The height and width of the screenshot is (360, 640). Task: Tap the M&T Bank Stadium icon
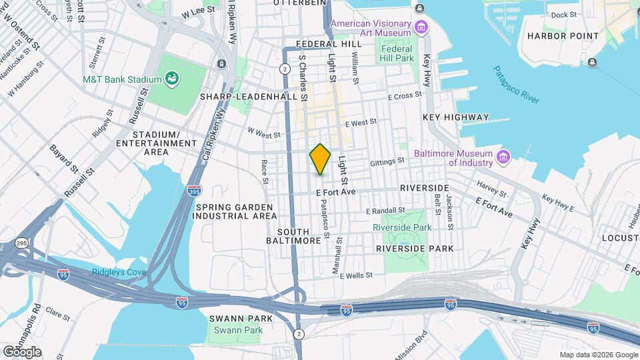pyautogui.click(x=173, y=79)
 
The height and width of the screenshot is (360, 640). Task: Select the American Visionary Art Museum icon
pyautogui.click(x=421, y=27)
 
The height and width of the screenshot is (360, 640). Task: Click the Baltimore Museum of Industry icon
pyautogui.click(x=503, y=157)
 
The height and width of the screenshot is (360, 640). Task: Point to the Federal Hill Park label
pyautogui.click(x=397, y=53)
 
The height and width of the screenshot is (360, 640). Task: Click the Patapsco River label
pyautogui.click(x=516, y=84)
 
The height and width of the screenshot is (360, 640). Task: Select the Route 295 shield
pyautogui.click(x=22, y=243)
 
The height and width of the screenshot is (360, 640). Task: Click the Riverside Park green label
pyautogui.click(x=402, y=227)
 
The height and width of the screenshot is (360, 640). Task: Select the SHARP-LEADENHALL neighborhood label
pyautogui.click(x=248, y=97)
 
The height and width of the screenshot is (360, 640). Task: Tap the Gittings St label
pyautogui.click(x=388, y=161)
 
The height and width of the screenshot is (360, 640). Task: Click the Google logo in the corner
pyautogui.click(x=22, y=351)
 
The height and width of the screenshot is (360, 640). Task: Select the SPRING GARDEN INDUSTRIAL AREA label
pyautogui.click(x=236, y=211)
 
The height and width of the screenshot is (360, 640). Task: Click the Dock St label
pyautogui.click(x=563, y=15)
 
